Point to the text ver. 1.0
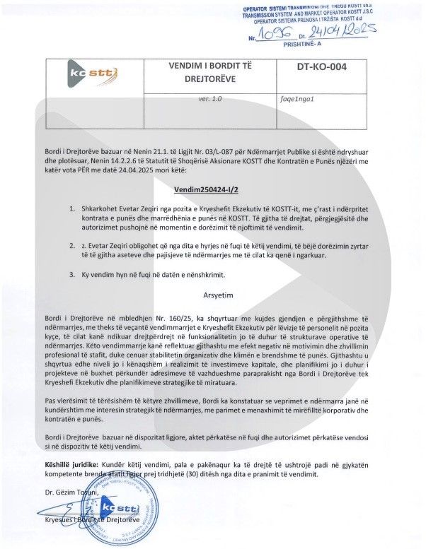point(210,100)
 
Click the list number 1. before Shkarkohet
point(73,209)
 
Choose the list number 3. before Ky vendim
point(73,273)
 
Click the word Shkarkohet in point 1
point(102,209)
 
